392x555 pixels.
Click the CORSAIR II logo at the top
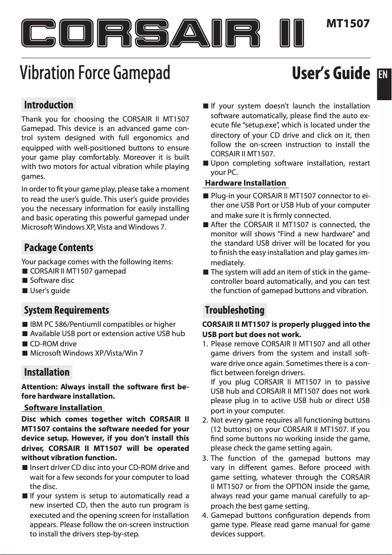164,33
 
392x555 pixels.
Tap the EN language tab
384,77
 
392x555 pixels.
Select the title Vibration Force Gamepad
95,74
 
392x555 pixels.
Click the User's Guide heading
330,74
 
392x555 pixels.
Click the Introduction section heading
49,105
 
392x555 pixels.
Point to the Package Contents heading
59,248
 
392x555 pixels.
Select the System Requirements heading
66,310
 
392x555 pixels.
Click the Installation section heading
47,372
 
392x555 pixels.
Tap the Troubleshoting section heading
235,310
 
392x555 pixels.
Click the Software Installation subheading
63,407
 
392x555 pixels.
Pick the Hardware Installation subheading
245,183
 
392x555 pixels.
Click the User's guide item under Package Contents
50,291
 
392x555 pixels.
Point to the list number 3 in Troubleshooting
205,459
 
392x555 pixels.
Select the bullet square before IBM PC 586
24,324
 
